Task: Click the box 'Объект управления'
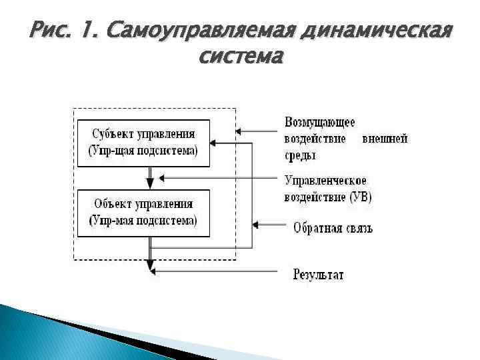pyautogui.click(x=143, y=213)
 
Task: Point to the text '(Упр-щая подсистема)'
pyautogui.click(x=143, y=151)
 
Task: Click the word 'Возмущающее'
pyautogui.click(x=319, y=123)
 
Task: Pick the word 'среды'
pyautogui.click(x=300, y=155)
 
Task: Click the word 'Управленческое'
pyautogui.click(x=325, y=181)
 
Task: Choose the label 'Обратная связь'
pyautogui.click(x=333, y=228)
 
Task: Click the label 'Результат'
pyautogui.click(x=319, y=274)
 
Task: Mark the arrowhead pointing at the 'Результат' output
pyautogui.click(x=151, y=271)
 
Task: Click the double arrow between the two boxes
pyautogui.click(x=151, y=178)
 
